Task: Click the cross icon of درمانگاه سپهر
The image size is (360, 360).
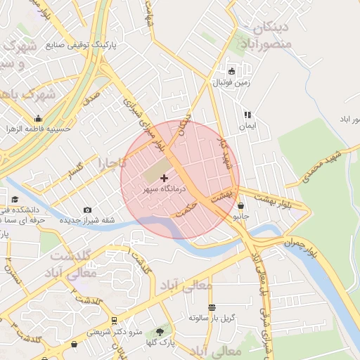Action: (x=165, y=179)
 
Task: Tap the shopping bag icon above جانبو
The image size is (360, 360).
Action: (x=242, y=207)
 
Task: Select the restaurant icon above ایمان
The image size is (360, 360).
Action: (x=247, y=115)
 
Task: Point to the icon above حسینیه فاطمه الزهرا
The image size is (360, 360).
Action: (x=37, y=118)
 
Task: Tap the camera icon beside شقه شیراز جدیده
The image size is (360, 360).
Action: (x=87, y=210)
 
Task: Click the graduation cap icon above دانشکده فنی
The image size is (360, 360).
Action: (x=15, y=199)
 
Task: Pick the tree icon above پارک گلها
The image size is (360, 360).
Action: (x=160, y=331)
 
